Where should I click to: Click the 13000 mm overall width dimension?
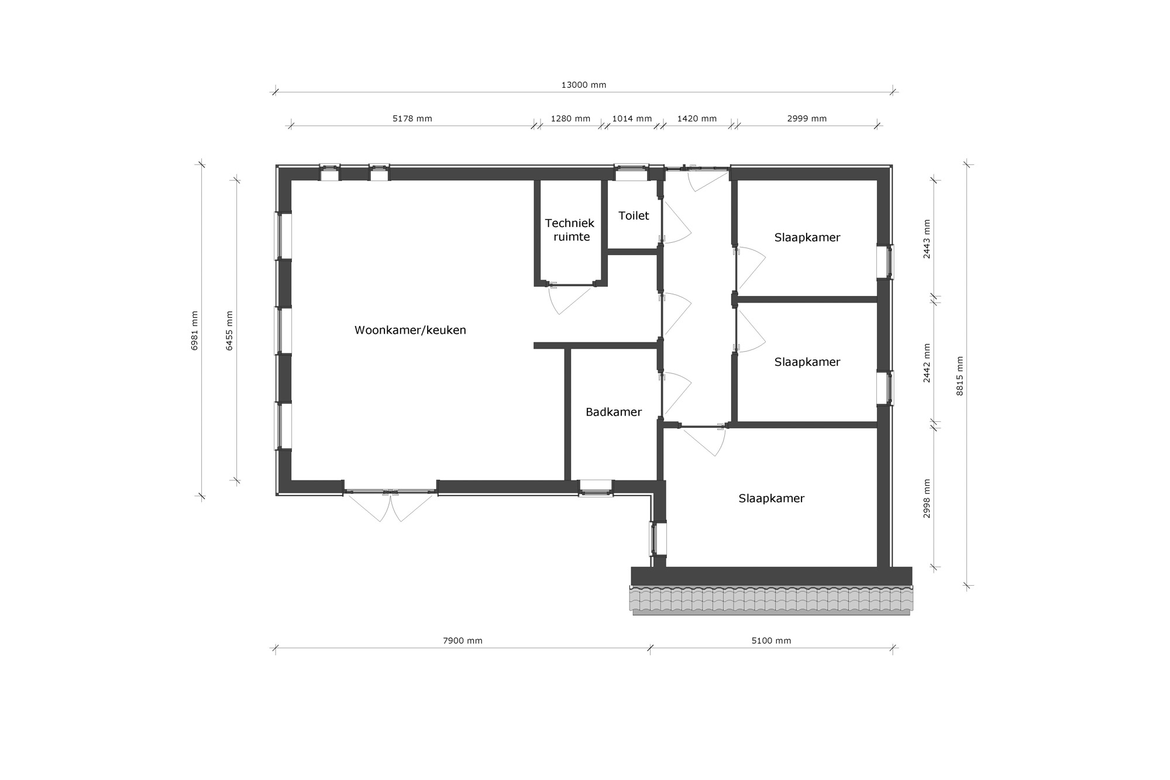point(583,85)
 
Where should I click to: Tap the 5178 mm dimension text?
point(412,119)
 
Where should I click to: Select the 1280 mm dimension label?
point(570,119)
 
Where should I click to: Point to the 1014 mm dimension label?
point(632,119)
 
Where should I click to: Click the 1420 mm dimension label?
point(697,119)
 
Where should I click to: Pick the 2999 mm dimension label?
point(807,119)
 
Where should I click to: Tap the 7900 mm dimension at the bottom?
point(462,641)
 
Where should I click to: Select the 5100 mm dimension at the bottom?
point(771,641)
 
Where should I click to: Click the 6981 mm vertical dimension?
point(195,331)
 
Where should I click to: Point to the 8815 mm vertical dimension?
point(959,376)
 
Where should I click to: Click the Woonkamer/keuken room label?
point(410,330)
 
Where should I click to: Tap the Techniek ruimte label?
point(570,230)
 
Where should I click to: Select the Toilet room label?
point(634,216)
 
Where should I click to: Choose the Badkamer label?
point(614,412)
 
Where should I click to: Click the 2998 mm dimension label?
point(927,499)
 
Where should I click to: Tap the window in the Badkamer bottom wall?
point(596,487)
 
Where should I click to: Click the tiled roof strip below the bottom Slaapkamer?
point(770,600)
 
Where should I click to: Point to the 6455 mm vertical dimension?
point(229,331)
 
